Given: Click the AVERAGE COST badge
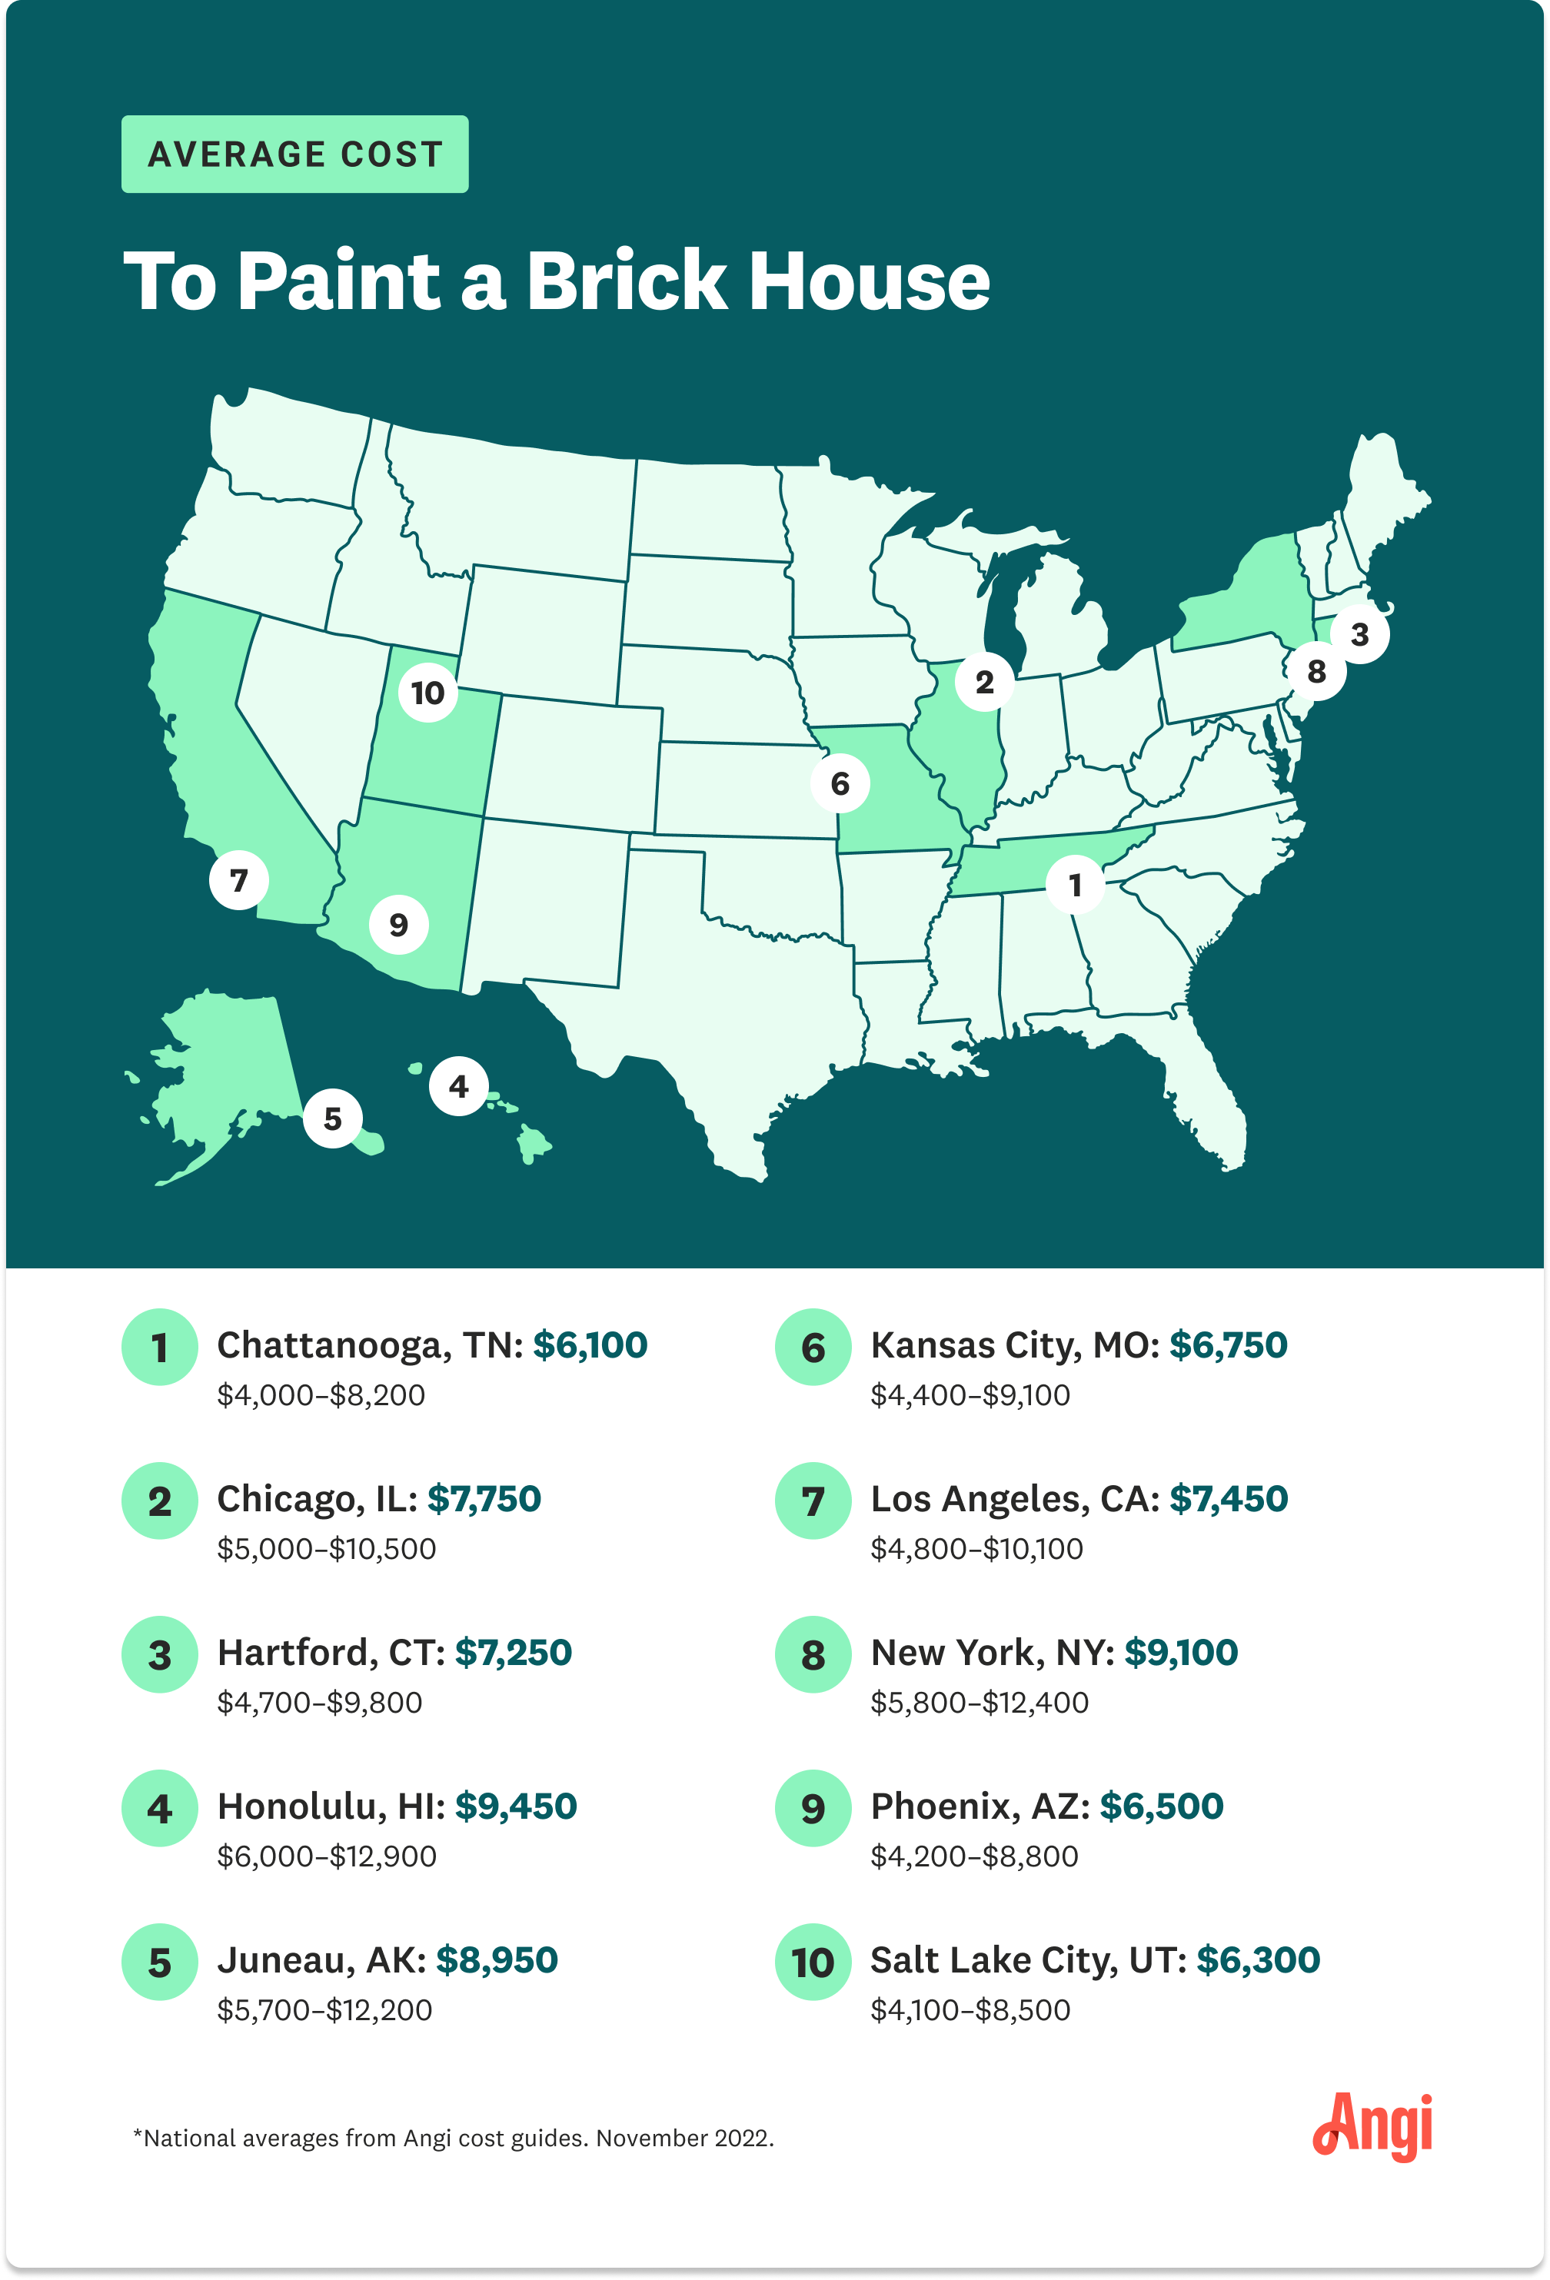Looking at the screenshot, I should [294, 154].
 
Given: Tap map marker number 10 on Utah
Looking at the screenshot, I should [427, 693].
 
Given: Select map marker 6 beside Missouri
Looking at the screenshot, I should [840, 783].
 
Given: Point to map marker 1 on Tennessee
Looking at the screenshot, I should [1075, 885].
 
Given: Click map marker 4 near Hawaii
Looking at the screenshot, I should [458, 1086].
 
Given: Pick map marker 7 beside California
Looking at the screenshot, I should [238, 880].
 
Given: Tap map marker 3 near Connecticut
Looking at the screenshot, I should [1359, 633].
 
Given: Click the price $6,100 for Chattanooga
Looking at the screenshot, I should [590, 1345].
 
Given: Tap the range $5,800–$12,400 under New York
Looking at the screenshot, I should [979, 1702].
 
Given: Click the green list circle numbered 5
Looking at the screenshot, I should [159, 1962].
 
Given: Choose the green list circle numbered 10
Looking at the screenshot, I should [812, 1962].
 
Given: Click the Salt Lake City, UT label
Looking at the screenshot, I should [1028, 1960].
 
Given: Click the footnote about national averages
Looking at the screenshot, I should [453, 2138].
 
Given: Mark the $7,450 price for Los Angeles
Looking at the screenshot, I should [1228, 1499].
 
